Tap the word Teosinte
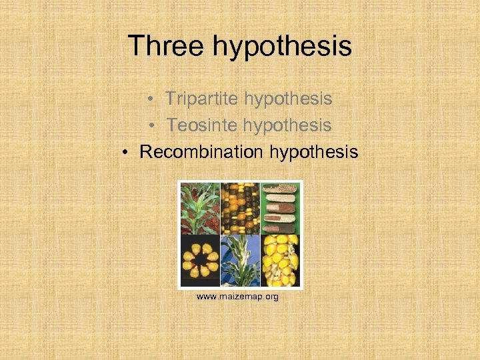coord(202,125)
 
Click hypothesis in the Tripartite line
coord(288,99)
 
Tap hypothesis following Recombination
coord(314,153)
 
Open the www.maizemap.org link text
coord(237,296)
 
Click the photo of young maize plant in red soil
coord(199,207)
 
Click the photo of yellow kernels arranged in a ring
coord(199,260)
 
